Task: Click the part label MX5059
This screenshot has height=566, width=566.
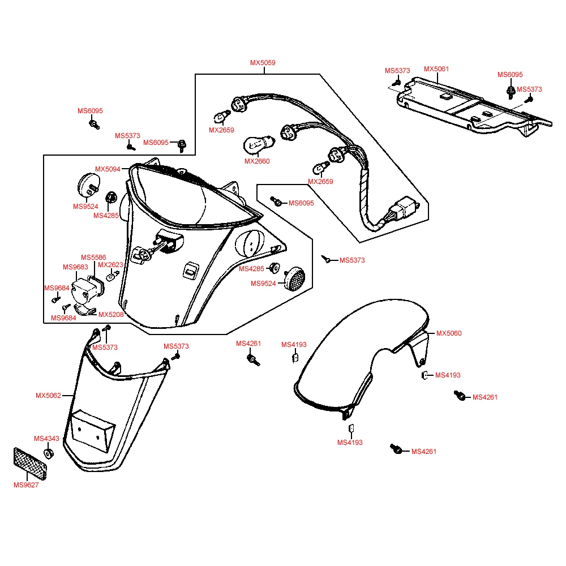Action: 263,63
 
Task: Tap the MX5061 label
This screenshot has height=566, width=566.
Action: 436,69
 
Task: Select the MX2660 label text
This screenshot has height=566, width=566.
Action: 257,161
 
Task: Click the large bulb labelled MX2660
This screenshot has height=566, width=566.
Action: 259,145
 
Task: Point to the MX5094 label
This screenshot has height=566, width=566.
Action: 108,169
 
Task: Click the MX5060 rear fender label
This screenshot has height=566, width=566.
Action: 449,333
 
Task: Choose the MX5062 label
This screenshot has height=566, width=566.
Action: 48,396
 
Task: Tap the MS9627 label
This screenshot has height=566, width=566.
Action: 26,485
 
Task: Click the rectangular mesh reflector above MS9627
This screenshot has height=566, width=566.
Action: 30,464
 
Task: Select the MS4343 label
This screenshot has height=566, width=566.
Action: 46,439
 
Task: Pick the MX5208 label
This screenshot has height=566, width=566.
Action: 111,315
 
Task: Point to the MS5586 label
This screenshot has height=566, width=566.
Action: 93,258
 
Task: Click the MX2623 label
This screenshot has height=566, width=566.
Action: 110,265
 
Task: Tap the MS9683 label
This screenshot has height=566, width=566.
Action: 75,267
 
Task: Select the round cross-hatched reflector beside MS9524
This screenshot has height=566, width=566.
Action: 294,278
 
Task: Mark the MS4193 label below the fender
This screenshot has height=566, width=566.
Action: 350,443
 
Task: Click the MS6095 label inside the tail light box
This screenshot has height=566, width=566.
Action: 301,203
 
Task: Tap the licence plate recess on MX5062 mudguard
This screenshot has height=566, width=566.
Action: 92,430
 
